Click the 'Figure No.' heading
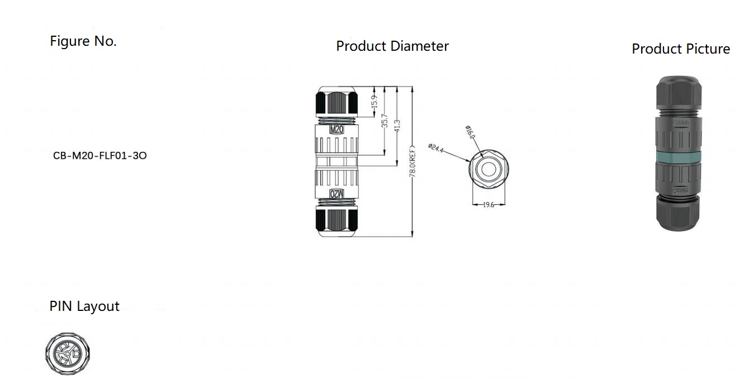(x=83, y=41)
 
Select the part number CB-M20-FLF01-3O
(x=100, y=156)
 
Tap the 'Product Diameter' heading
(x=392, y=46)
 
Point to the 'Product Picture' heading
(x=680, y=49)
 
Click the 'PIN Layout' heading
(x=84, y=306)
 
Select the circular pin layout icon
(x=68, y=353)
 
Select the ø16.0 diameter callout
(x=470, y=132)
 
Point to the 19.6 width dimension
(x=489, y=205)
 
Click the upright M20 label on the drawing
(x=337, y=129)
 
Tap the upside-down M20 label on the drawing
(x=337, y=193)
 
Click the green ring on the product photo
(x=676, y=158)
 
